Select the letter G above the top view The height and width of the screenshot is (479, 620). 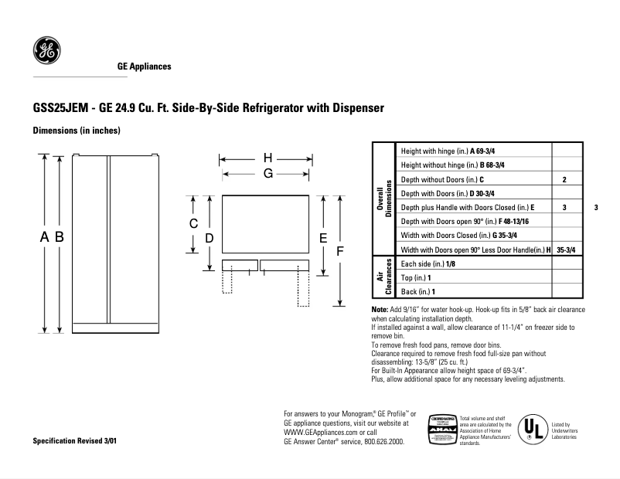[x=267, y=174]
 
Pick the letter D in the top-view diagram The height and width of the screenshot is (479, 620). [x=210, y=239]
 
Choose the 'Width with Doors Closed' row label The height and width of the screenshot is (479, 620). [x=459, y=235]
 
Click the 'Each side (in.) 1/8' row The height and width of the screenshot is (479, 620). [x=428, y=263]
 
